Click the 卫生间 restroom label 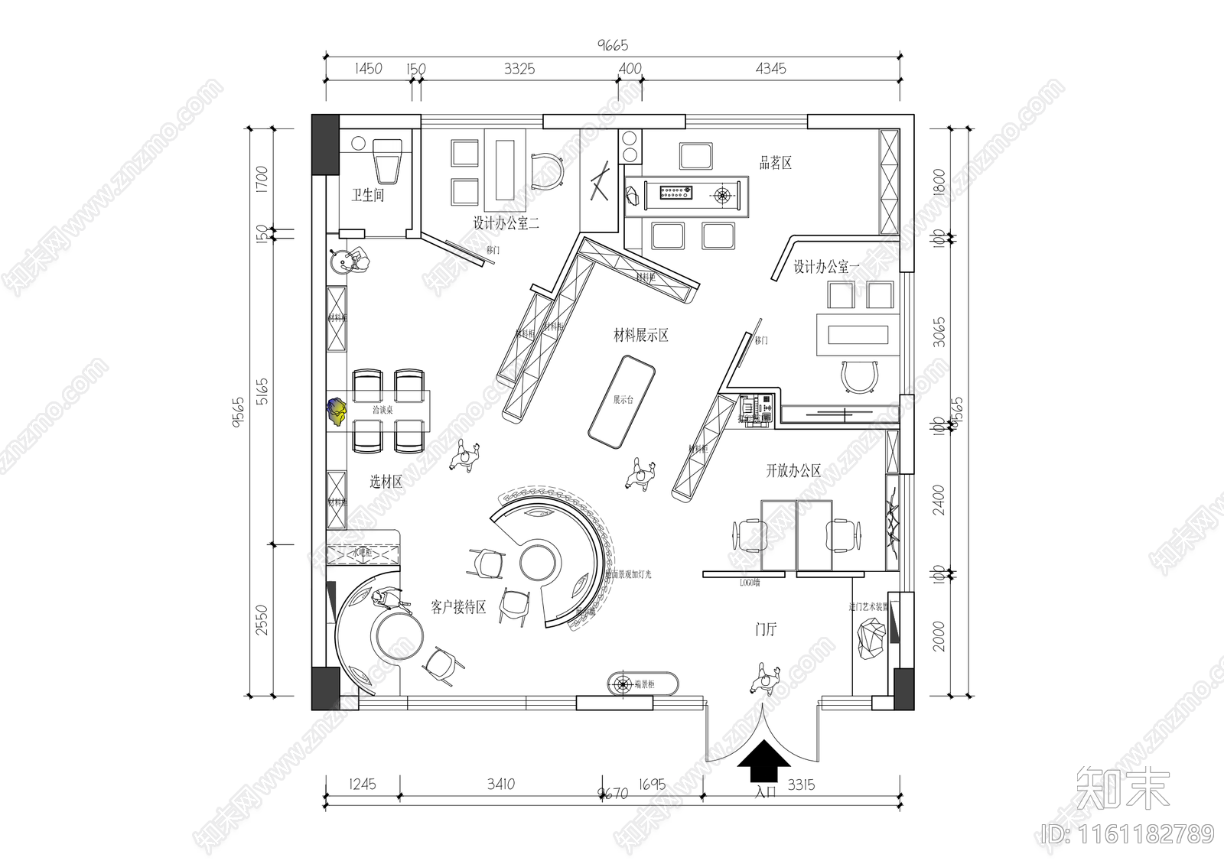tap(367, 196)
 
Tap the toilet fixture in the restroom tap(388, 160)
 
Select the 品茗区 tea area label tap(775, 163)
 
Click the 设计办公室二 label tap(506, 224)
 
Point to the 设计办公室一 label tap(826, 267)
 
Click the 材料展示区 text tap(641, 335)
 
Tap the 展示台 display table tap(622, 404)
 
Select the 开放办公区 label tap(793, 471)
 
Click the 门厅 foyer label tap(765, 629)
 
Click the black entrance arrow tap(763, 762)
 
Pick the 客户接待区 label tap(458, 608)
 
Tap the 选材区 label tap(386, 482)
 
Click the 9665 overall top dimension tap(612, 46)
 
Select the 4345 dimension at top tap(770, 69)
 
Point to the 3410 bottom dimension tap(500, 784)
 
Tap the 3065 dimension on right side tap(940, 333)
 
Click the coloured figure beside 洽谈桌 tap(337, 411)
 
